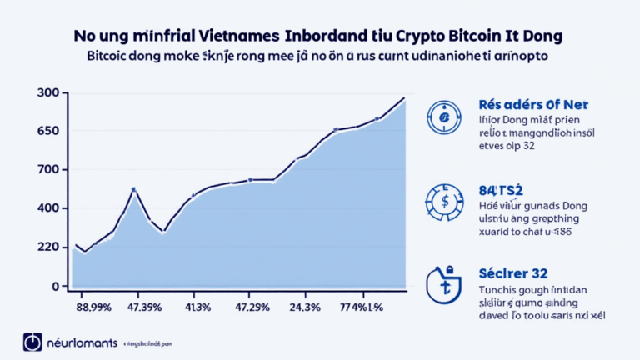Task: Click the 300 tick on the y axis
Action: [x=47, y=92]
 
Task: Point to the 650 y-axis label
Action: [x=47, y=131]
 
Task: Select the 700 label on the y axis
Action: [x=47, y=170]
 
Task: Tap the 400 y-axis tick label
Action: [x=47, y=208]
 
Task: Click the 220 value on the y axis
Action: [x=47, y=247]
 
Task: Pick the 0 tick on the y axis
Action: [x=54, y=286]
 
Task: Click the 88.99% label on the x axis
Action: [x=93, y=307]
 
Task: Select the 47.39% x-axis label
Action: [x=143, y=307]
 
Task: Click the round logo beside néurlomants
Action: [x=32, y=342]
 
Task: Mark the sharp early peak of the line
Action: [x=133, y=189]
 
